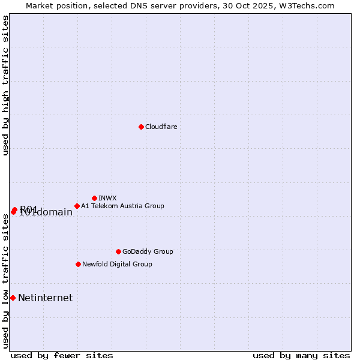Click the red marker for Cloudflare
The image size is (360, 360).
click(x=141, y=127)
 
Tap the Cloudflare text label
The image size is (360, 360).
click(x=161, y=127)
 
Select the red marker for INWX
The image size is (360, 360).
click(x=95, y=198)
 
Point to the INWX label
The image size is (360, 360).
click(x=107, y=198)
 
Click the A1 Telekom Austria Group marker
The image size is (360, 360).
click(x=77, y=206)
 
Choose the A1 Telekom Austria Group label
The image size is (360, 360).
click(x=122, y=206)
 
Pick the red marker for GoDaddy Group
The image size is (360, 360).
click(x=118, y=251)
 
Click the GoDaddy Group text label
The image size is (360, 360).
click(x=148, y=251)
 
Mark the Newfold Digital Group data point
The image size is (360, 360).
click(x=78, y=264)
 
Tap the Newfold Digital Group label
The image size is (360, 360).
click(x=117, y=264)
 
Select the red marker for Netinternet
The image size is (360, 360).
click(x=13, y=298)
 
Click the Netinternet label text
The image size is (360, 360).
click(x=45, y=298)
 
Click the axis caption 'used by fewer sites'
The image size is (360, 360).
click(x=62, y=355)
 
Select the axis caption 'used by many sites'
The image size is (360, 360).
click(x=301, y=355)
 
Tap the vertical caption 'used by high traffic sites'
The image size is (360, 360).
click(x=6, y=85)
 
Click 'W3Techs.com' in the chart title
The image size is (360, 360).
click(x=310, y=5)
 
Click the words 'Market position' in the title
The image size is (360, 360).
click(x=56, y=5)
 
